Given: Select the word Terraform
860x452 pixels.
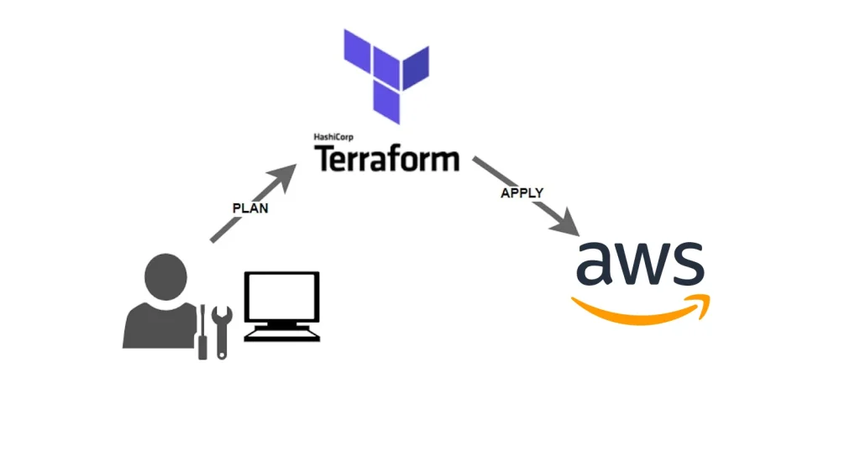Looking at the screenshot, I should pos(386,158).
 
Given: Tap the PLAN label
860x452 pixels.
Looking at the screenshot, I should pos(249,208).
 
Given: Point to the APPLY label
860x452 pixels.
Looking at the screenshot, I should pos(522,192).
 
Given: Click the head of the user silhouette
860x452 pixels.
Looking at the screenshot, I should pos(165,278).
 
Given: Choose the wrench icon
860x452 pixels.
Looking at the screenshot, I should pos(222,331).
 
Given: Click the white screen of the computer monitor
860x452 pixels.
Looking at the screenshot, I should pos(281,298).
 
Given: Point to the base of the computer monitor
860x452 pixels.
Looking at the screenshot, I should pos(281,334).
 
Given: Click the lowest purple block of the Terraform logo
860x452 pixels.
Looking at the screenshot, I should pos(386,104).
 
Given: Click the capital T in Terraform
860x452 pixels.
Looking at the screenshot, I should pos(324,158).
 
